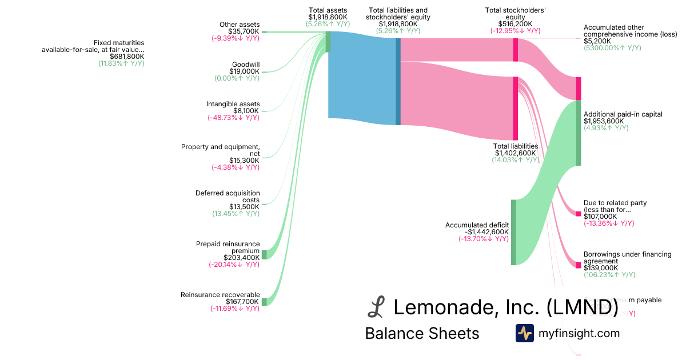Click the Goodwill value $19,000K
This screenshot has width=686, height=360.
pyautogui.click(x=244, y=71)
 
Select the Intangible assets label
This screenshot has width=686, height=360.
pyautogui.click(x=233, y=104)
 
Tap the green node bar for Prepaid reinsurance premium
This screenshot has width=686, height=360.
pyautogui.click(x=264, y=254)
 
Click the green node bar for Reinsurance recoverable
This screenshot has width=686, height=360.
pyautogui.click(x=264, y=301)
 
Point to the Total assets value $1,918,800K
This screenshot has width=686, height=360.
pyautogui.click(x=328, y=17)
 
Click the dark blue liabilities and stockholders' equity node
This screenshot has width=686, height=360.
pyautogui.click(x=398, y=82)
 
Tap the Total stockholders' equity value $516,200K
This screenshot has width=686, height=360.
pyautogui.click(x=515, y=24)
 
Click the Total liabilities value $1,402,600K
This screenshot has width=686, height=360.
pyautogui.click(x=515, y=153)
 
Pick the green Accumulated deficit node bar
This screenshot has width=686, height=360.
pyautogui.click(x=513, y=232)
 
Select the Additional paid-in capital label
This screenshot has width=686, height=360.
pyautogui.click(x=623, y=114)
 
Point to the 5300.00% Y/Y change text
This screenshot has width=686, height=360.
pyautogui.click(x=612, y=48)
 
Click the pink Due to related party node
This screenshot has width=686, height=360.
pyautogui.click(x=578, y=214)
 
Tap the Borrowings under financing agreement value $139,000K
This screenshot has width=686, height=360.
pyautogui.click(x=601, y=268)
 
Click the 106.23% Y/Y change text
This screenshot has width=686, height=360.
pyautogui.click(x=609, y=275)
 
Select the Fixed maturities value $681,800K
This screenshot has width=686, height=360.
pyautogui.click(x=127, y=57)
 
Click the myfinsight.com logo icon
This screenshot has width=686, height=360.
pyautogui.click(x=524, y=333)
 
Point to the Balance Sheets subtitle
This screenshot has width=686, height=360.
pyautogui.click(x=422, y=334)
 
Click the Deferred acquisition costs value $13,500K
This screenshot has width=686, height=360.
pyautogui.click(x=244, y=207)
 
